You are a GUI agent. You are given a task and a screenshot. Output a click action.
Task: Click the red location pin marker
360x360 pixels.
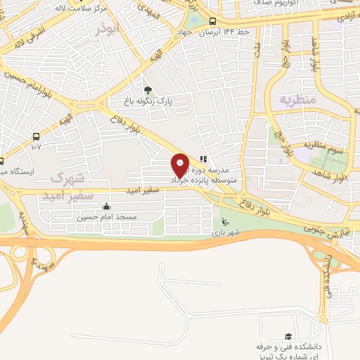[x=181, y=165]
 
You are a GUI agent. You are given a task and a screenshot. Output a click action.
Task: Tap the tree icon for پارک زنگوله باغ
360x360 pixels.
[x=147, y=90]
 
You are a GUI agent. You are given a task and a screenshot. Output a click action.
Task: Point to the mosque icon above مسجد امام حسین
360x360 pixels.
[x=105, y=207]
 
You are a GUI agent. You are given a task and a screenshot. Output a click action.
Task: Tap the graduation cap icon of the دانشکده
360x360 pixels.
[x=287, y=337]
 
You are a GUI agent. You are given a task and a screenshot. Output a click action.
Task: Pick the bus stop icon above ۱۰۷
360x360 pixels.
[x=36, y=136]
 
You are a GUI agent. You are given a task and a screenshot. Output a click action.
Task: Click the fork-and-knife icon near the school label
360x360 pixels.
[x=204, y=160]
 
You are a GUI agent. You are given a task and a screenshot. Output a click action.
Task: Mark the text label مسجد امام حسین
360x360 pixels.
[x=105, y=218]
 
